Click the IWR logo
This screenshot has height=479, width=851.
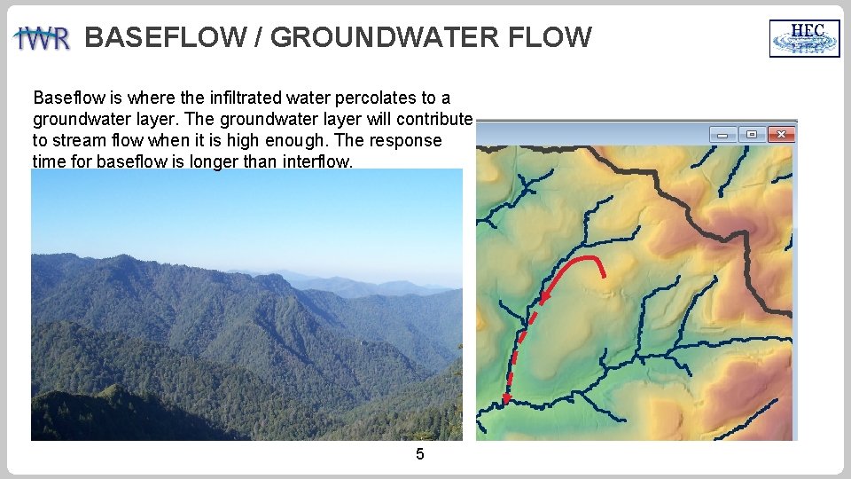[x=42, y=39]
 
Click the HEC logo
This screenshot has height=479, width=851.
[x=804, y=38]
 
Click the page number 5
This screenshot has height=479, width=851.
[x=420, y=455]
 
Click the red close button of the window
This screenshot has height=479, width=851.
[x=781, y=134]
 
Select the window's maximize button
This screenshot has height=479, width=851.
[x=752, y=134]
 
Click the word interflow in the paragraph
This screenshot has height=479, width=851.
[x=317, y=161]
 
